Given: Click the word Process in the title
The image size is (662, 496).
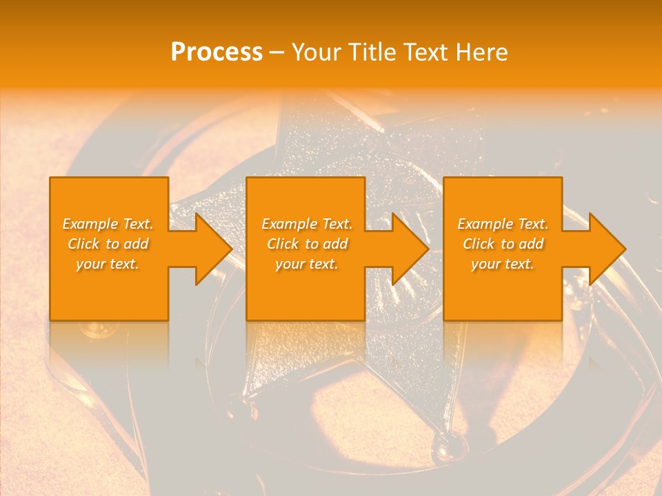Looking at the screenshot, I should pyautogui.click(x=217, y=52).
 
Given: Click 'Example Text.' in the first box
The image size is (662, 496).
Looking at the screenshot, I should pyautogui.click(x=108, y=224).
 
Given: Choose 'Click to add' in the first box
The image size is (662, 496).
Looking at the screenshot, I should pyautogui.click(x=108, y=244).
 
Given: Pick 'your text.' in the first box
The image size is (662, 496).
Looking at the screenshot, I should pyautogui.click(x=108, y=264).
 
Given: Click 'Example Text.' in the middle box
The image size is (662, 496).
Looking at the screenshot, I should pyautogui.click(x=307, y=224).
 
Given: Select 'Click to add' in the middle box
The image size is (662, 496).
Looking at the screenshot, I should pyautogui.click(x=307, y=244).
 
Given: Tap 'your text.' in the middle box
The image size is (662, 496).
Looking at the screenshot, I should pyautogui.click(x=307, y=264).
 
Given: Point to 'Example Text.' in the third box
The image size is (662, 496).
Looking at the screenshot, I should pyautogui.click(x=503, y=224).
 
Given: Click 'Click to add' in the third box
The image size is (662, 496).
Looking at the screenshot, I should pyautogui.click(x=503, y=244).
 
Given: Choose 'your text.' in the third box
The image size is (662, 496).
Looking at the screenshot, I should pyautogui.click(x=503, y=264).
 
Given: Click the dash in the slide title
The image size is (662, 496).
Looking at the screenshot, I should pyautogui.click(x=277, y=53).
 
